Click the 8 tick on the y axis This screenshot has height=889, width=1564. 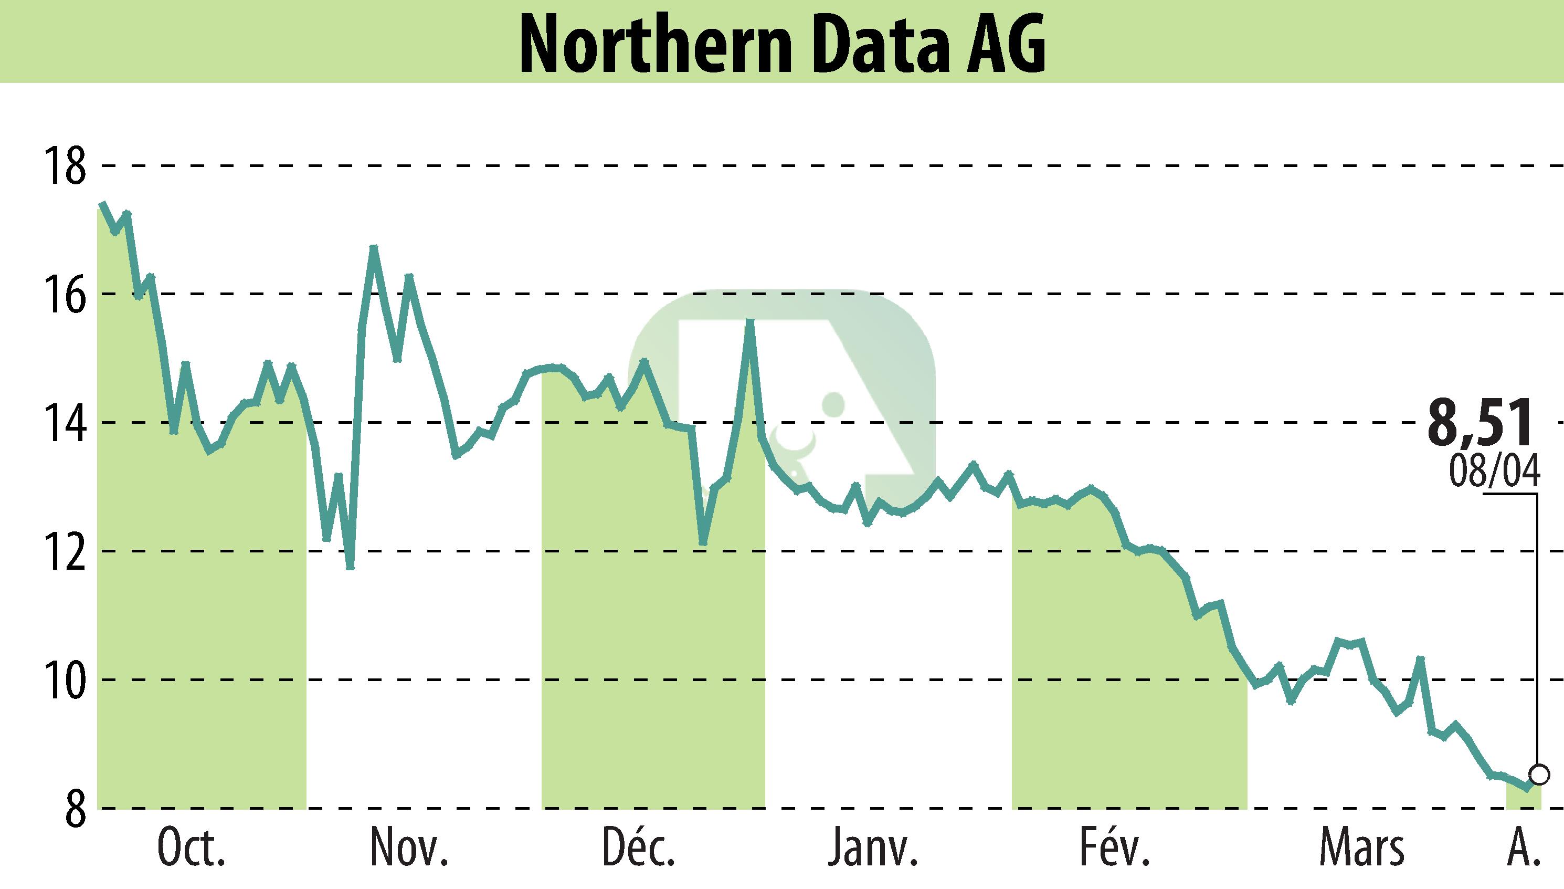75,809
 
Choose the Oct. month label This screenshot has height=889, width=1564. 191,848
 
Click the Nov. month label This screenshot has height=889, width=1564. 409,848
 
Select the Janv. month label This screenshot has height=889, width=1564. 873,848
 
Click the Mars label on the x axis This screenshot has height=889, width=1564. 1361,848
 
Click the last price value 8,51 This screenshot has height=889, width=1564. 1479,423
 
